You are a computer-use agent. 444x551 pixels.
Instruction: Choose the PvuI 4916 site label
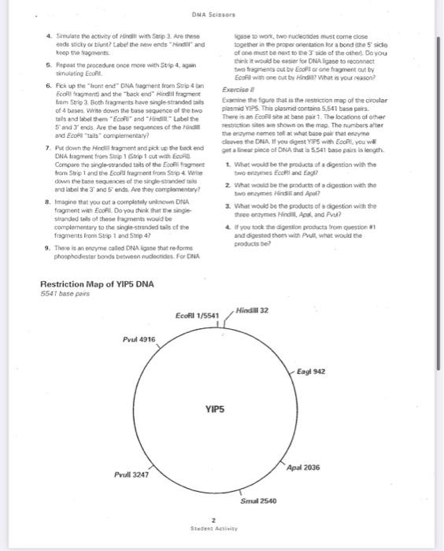(139, 339)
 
